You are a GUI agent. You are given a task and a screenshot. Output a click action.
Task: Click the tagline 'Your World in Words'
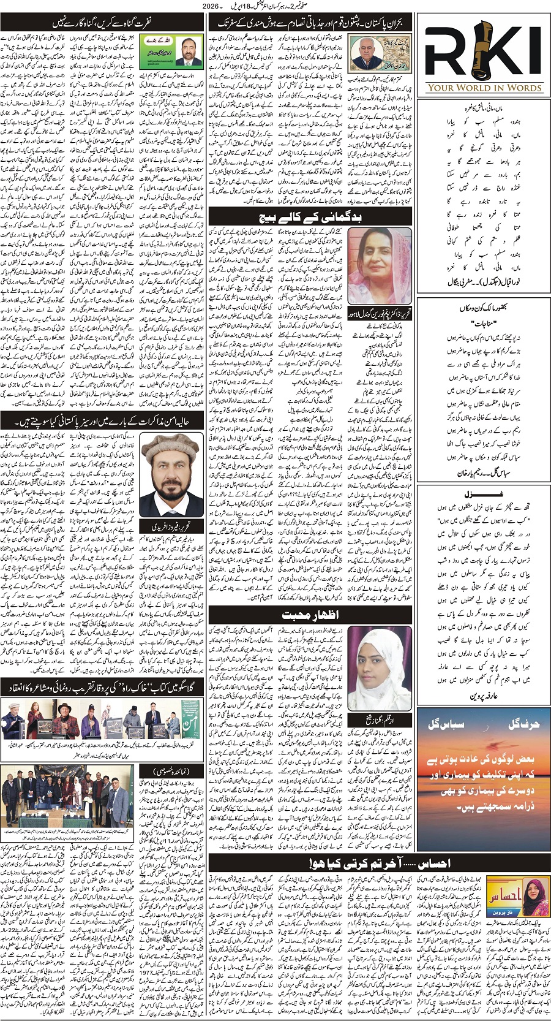(x=484, y=88)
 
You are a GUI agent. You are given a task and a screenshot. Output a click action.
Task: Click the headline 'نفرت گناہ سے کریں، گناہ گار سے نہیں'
(x=102, y=24)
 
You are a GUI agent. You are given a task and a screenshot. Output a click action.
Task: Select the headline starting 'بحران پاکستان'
(x=311, y=24)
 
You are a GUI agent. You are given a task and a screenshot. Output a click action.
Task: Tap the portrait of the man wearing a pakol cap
(x=171, y=473)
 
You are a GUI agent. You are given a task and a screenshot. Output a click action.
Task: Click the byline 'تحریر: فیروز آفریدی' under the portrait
(x=172, y=526)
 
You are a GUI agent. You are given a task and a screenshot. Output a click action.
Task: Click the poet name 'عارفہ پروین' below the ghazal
(x=484, y=696)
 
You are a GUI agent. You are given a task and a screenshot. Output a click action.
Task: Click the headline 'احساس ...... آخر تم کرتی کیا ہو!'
(x=380, y=862)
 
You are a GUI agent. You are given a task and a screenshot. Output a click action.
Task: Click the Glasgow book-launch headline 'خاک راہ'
(x=102, y=688)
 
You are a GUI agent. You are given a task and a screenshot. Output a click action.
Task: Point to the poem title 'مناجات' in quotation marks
(x=484, y=323)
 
